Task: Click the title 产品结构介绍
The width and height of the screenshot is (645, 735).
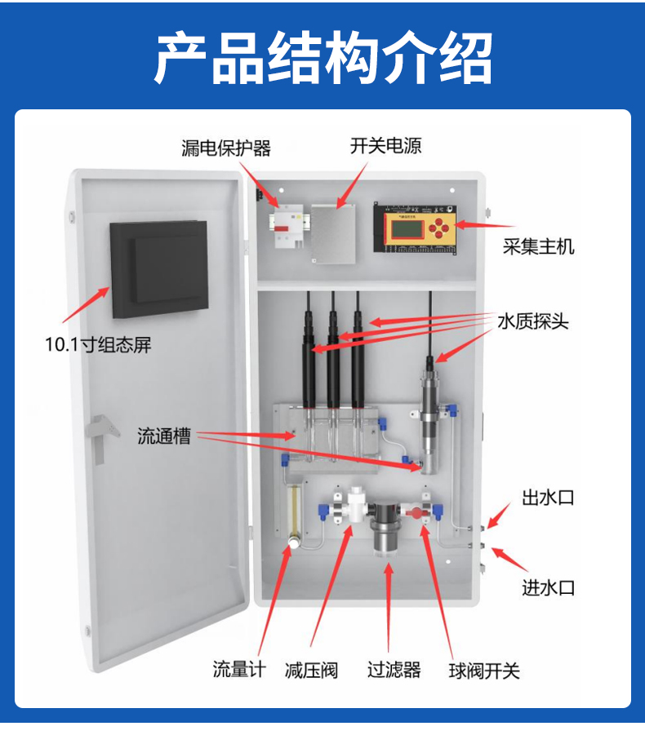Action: pyautogui.click(x=323, y=58)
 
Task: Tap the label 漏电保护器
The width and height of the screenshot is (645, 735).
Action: pyautogui.click(x=226, y=148)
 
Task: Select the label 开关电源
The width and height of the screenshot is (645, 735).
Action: pyautogui.click(x=385, y=146)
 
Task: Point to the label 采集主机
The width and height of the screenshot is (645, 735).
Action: pyautogui.click(x=539, y=246)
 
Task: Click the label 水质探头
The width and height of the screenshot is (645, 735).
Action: pyautogui.click(x=533, y=321)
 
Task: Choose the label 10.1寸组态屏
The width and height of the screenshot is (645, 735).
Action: pyautogui.click(x=98, y=344)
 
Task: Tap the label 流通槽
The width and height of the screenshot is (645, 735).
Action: pyautogui.click(x=164, y=436)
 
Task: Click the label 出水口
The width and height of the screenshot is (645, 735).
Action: pyautogui.click(x=549, y=498)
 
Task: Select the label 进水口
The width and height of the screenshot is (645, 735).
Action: pyautogui.click(x=549, y=587)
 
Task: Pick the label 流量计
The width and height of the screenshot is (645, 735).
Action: pyautogui.click(x=239, y=669)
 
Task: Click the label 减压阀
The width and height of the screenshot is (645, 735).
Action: pyautogui.click(x=311, y=671)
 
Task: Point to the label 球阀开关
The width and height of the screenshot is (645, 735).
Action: pyautogui.click(x=484, y=671)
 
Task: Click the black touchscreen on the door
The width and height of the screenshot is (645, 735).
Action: pyautogui.click(x=159, y=269)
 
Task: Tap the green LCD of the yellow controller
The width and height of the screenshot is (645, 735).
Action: pyautogui.click(x=407, y=228)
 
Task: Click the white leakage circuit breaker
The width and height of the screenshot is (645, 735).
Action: pyautogui.click(x=286, y=227)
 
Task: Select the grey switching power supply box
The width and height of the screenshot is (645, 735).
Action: pyautogui.click(x=332, y=234)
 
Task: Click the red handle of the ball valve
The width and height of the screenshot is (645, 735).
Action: pyautogui.click(x=415, y=512)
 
